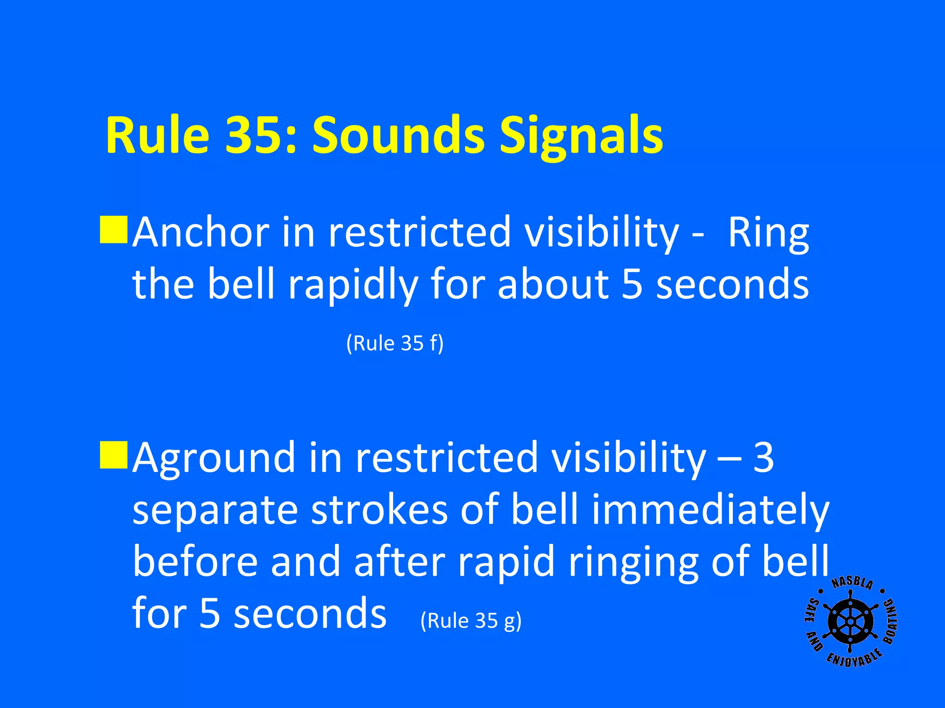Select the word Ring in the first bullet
(768, 233)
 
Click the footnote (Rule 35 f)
(395, 343)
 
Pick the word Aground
(214, 458)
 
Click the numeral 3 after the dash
(764, 457)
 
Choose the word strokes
(379, 510)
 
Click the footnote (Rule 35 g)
(471, 620)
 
